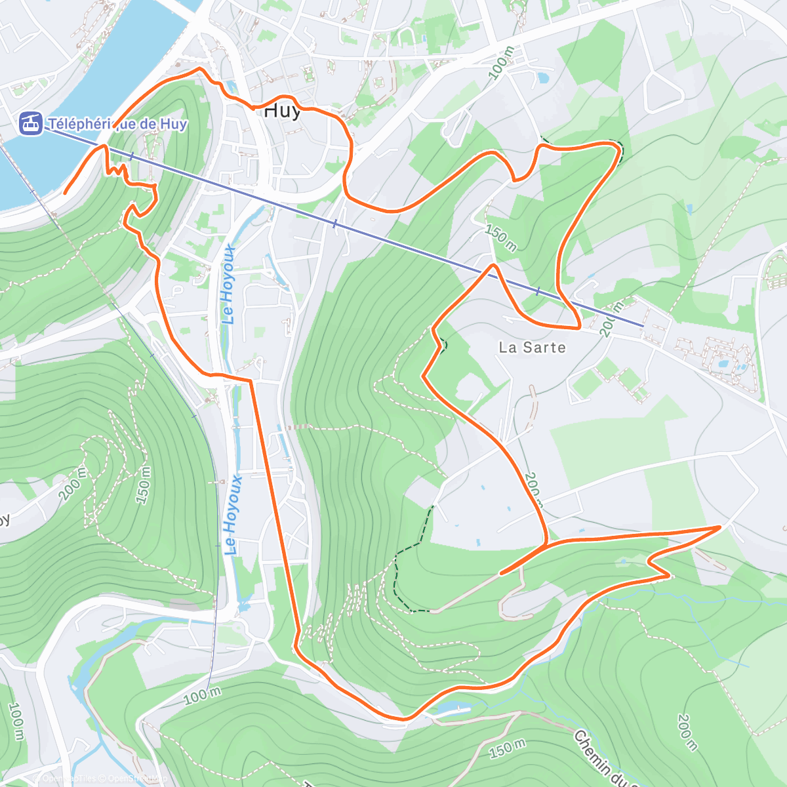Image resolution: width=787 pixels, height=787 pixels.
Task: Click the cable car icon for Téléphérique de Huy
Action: pos(30,123)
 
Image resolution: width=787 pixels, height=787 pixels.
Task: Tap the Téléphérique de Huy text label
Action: pos(118,124)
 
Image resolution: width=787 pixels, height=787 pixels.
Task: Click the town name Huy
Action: pos(282,111)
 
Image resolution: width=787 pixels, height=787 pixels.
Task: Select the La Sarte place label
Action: pos(532,348)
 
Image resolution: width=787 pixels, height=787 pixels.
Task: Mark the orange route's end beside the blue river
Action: pos(65,193)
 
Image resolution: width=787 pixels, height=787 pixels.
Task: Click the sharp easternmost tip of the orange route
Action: pos(720,527)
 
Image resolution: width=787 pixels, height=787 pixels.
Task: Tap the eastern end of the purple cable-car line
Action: pos(642,325)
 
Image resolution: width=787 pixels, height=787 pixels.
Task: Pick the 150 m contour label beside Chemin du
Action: pos(508,748)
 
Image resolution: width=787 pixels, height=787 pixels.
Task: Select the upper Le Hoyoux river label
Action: pos(228,284)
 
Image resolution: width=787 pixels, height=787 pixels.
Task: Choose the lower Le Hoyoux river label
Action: pos(233,515)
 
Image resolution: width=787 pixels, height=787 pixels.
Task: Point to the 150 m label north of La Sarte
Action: pos(501,237)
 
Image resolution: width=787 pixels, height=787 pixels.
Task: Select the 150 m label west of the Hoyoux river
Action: pos(144,485)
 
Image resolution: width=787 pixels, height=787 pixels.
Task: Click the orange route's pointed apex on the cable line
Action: pos(493,266)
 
